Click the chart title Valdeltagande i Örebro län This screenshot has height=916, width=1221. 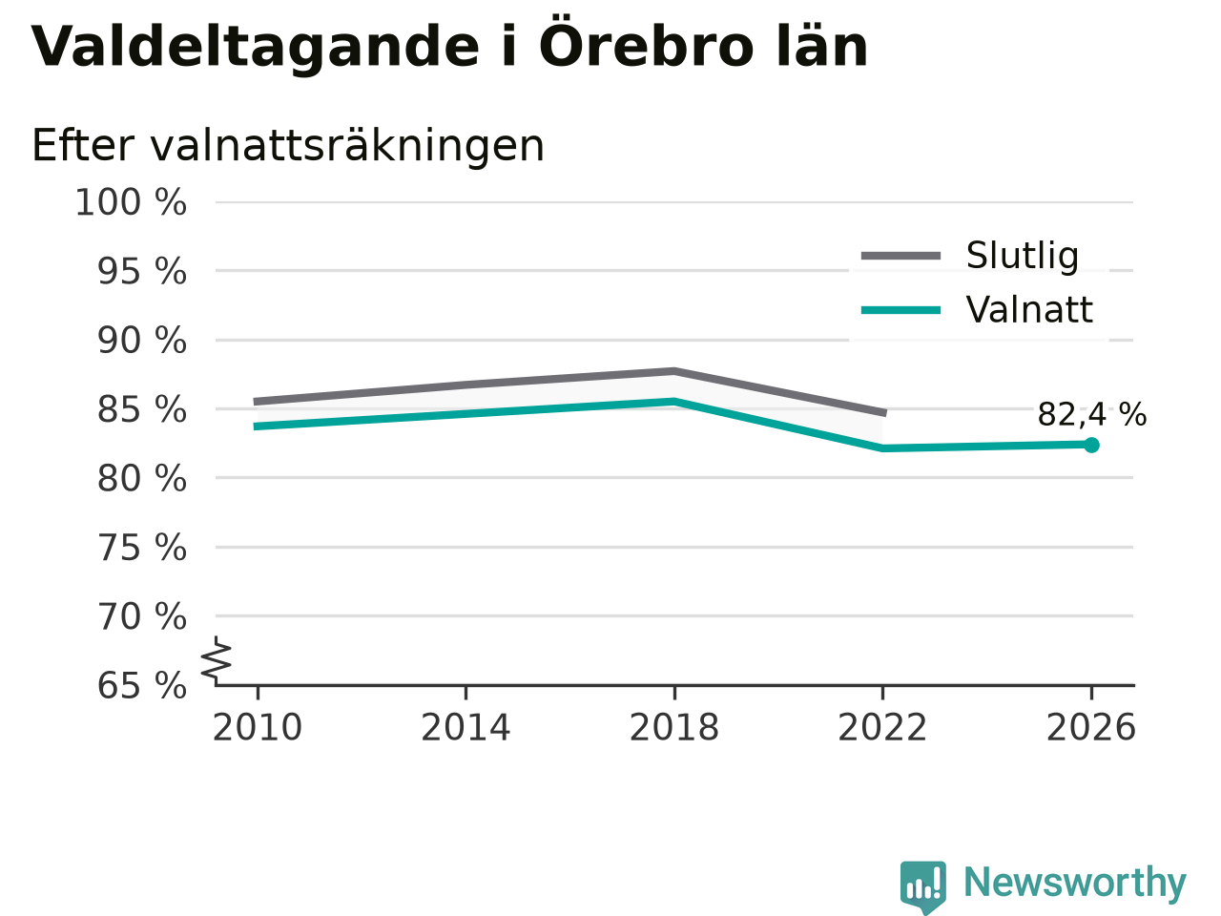449,47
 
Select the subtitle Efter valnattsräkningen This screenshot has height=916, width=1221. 288,146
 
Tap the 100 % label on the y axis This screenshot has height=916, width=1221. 131,202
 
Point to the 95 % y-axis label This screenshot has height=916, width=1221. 142,271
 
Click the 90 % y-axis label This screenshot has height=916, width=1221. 142,341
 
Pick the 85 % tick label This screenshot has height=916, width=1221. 142,410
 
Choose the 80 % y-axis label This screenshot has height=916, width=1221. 142,478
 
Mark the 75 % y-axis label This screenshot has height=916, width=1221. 142,548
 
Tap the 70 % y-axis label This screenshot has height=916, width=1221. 142,616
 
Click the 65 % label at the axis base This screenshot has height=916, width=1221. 142,685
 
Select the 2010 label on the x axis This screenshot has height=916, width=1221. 257,727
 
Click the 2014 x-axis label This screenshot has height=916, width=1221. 466,727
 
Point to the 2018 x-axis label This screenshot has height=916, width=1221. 674,727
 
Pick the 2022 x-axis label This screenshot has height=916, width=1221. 882,727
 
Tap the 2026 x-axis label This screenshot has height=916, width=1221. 1091,727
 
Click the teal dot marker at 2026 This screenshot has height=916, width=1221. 1091,445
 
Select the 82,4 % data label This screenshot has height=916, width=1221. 1092,414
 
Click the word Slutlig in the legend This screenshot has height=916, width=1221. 1023,256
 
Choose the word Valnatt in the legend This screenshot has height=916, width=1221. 1029,309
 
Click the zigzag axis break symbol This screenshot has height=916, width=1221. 216,660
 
